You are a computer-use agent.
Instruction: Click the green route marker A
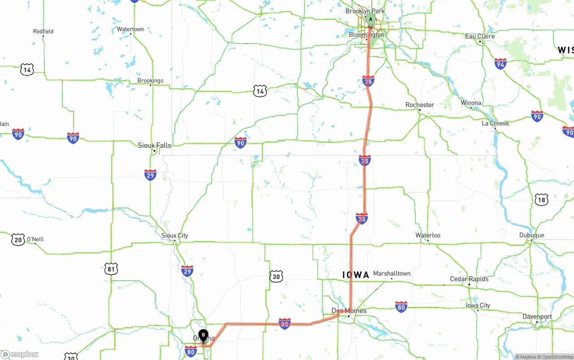pos(370,19)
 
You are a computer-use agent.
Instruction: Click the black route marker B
pos(203,334)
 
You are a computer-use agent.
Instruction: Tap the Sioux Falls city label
pos(154,145)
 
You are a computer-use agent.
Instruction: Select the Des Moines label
pos(348,310)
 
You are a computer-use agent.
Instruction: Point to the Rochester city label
pos(420,105)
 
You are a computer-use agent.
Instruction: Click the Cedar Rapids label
pos(469,279)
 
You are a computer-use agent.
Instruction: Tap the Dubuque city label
pos(531,235)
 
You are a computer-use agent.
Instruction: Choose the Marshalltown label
pos(391,273)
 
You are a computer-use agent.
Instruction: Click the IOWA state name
pos(356,275)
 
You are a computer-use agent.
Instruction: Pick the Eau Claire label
pos(480,36)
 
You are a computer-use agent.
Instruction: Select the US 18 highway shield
pos(541,200)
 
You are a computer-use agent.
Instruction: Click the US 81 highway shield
pos(111,269)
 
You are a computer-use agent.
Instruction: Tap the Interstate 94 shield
pos(500,64)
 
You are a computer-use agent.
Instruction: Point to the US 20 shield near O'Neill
pos(18,239)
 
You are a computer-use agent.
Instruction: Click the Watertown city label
pos(130,29)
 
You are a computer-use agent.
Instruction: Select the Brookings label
pos(150,81)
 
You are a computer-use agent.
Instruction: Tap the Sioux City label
pos(174,235)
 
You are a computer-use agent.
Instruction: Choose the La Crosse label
pos(495,123)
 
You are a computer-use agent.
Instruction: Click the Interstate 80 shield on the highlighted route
pos(284,324)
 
